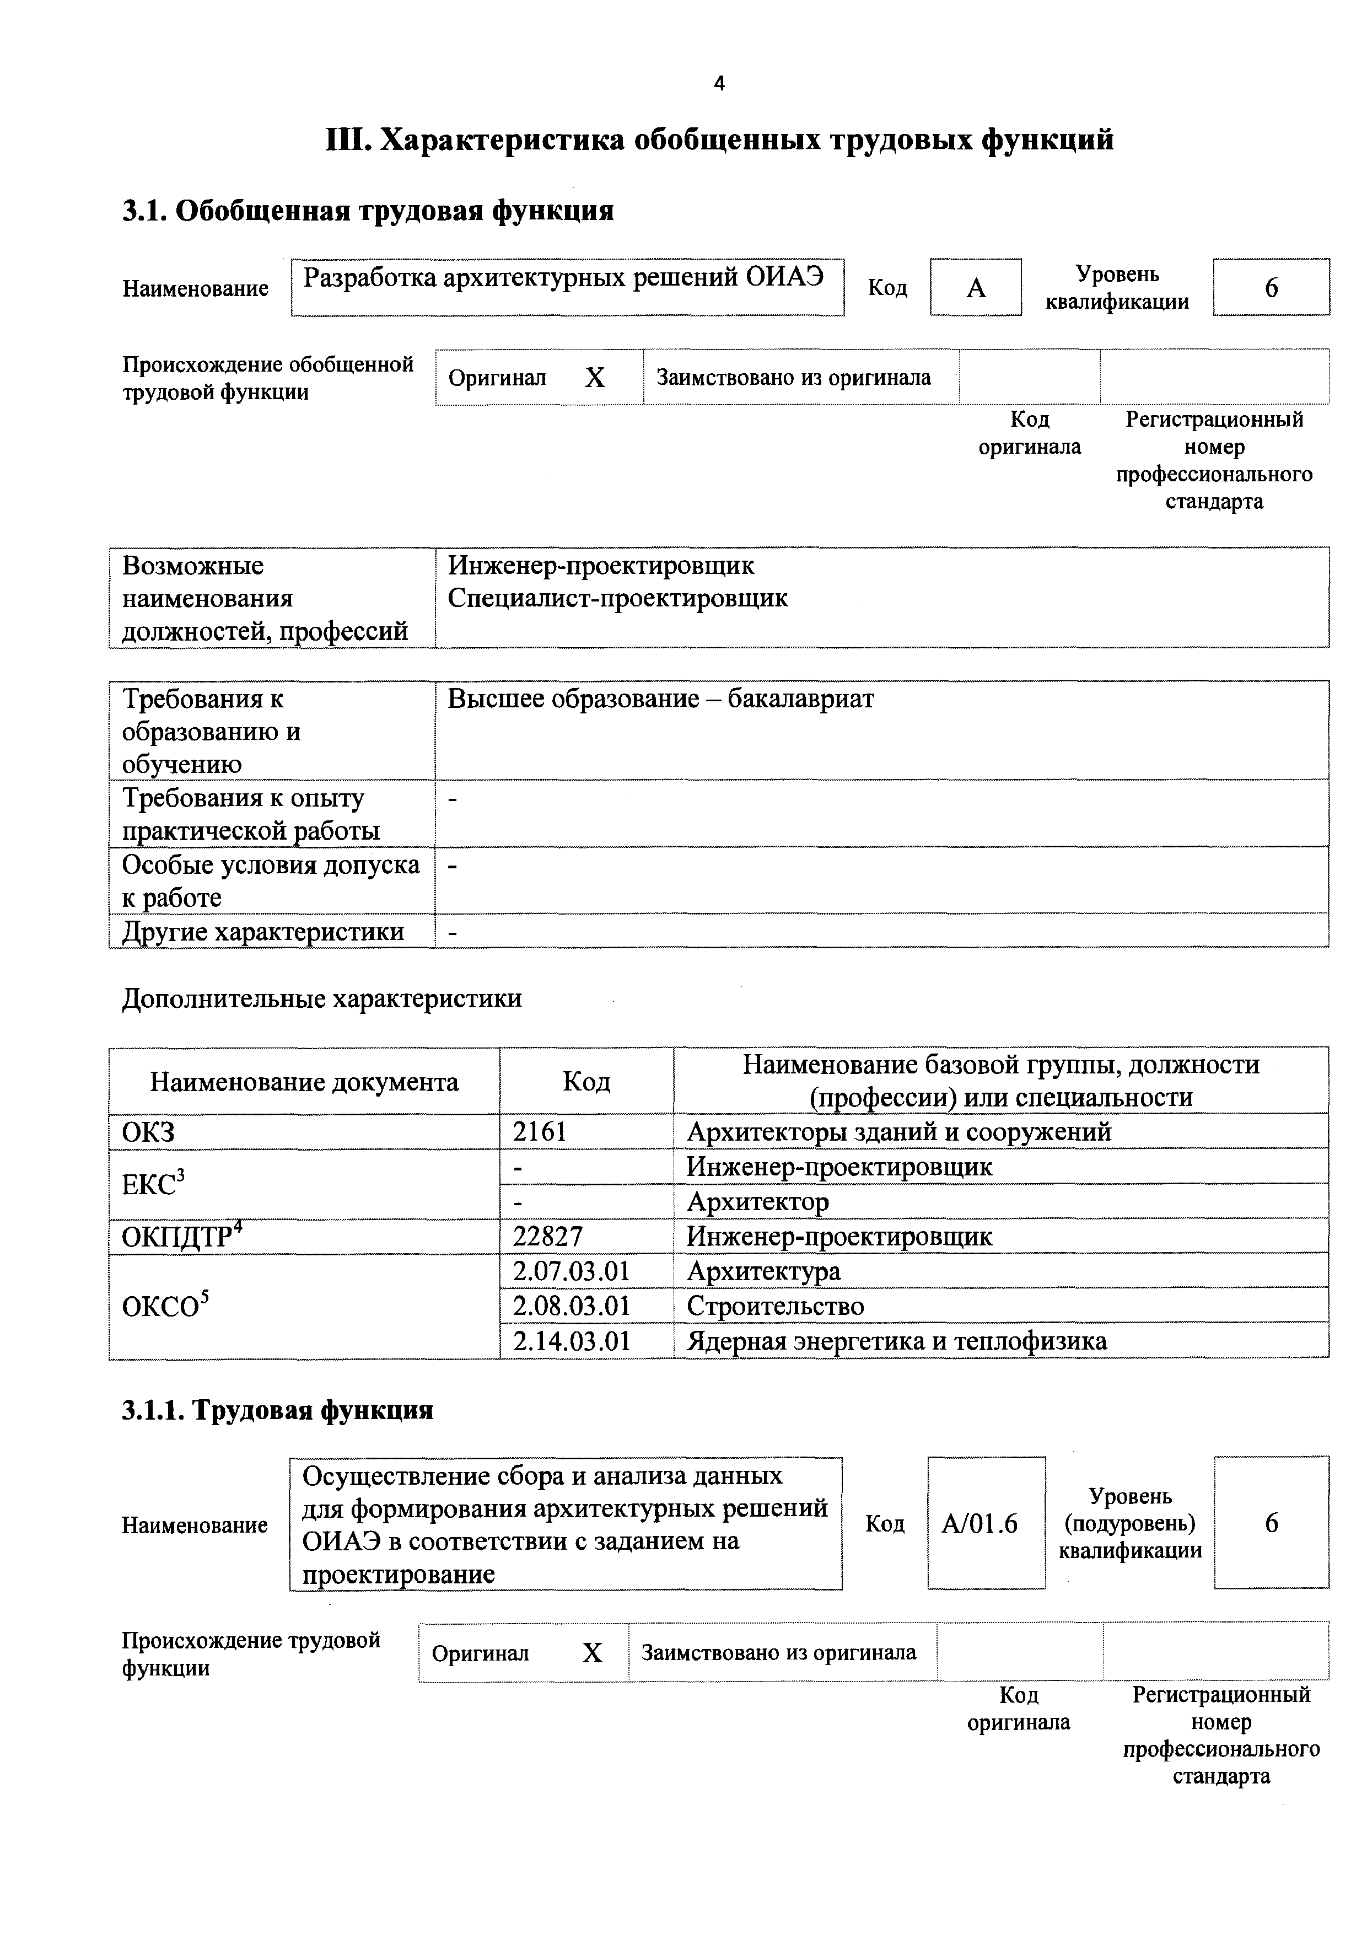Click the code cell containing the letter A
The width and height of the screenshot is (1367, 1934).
975,288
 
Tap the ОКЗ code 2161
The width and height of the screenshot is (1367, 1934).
540,1132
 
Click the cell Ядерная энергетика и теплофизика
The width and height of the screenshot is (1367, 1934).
896,1341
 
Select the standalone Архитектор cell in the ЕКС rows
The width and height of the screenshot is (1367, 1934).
758,1202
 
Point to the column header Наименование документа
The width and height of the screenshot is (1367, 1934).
304,1082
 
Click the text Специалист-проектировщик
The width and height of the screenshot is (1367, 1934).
617,599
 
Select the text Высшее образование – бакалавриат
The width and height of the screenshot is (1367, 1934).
660,699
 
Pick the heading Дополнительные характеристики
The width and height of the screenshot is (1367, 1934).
322,999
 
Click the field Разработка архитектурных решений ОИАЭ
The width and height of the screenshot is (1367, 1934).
563,278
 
